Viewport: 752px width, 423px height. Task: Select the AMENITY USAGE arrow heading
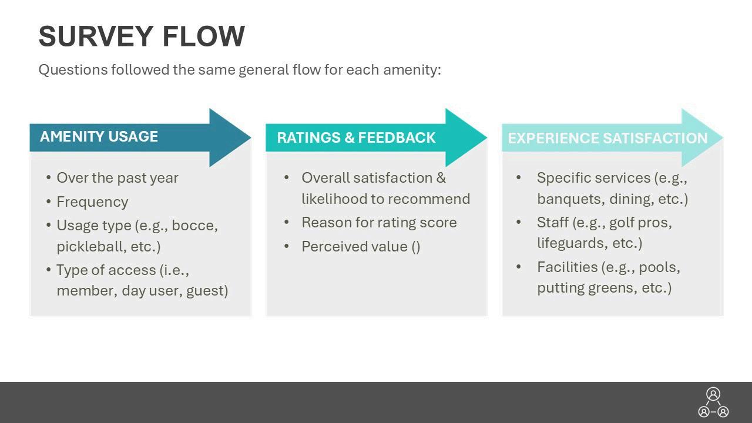click(x=99, y=137)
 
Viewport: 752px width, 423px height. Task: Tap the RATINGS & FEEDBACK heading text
click(x=356, y=138)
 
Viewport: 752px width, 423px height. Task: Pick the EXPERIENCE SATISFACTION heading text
click(x=607, y=139)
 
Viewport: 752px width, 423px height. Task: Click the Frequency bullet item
click(x=92, y=202)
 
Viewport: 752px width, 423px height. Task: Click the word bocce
click(x=194, y=226)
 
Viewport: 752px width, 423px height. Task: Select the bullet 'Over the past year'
click(x=117, y=178)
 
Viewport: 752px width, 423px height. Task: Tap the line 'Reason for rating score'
click(x=379, y=223)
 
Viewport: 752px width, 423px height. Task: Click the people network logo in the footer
click(x=713, y=402)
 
